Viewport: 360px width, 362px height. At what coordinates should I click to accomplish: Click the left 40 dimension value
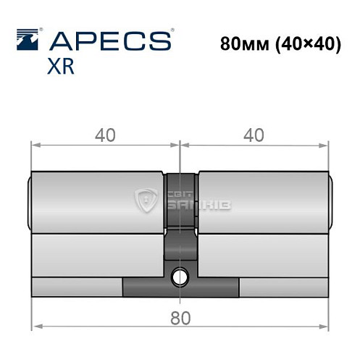click(x=104, y=134)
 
